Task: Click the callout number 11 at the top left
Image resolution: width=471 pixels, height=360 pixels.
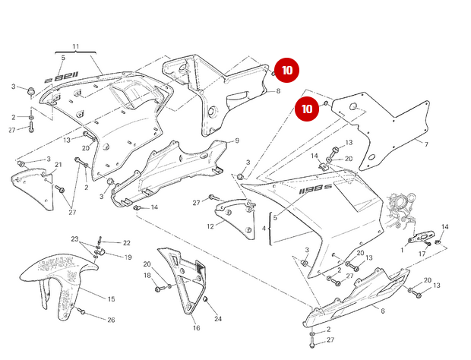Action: (75, 47)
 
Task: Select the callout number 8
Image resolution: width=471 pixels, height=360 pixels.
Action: (278, 91)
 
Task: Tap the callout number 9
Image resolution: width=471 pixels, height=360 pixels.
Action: (236, 141)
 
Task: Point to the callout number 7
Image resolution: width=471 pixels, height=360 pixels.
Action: (426, 144)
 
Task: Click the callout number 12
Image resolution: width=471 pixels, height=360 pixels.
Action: (210, 226)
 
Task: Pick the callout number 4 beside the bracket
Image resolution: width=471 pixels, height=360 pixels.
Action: (264, 228)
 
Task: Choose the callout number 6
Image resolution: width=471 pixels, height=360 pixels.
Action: (382, 311)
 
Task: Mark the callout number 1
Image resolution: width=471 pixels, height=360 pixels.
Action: (403, 249)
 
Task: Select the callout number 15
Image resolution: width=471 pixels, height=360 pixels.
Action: (111, 299)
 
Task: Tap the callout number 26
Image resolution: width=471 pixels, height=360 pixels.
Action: (111, 320)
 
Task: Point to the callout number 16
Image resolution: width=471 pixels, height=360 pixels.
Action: (195, 328)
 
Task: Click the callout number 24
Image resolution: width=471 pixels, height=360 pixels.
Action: (218, 318)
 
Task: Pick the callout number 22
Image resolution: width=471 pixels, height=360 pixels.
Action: (127, 243)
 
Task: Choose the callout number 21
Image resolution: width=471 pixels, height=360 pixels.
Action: (58, 165)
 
